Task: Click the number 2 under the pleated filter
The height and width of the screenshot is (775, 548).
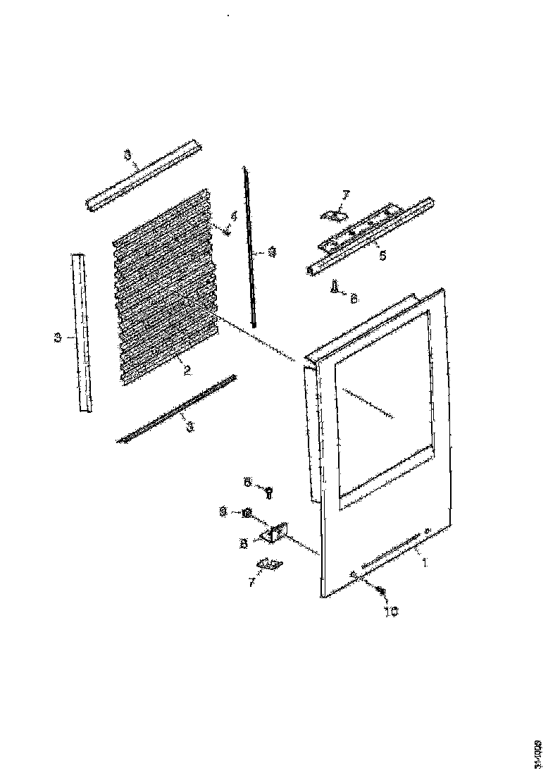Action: click(x=187, y=370)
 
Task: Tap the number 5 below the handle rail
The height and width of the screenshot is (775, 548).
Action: click(x=382, y=255)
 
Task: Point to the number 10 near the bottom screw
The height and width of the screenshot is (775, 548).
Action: click(x=390, y=612)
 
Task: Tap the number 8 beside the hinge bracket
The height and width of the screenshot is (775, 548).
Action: click(x=243, y=543)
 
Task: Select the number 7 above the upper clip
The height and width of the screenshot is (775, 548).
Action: click(x=345, y=194)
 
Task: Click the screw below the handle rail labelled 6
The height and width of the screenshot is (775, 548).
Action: click(x=335, y=285)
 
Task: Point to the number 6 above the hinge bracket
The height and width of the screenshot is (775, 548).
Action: click(x=247, y=482)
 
